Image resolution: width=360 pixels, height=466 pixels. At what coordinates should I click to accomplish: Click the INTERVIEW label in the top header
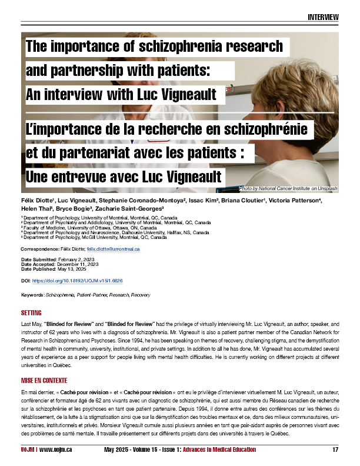pyautogui.click(x=323, y=16)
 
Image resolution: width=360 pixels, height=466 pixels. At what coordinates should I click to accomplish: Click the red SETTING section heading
pyautogui.click(x=31, y=313)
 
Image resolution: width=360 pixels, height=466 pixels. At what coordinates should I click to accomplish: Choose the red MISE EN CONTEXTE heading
pyautogui.click(x=44, y=381)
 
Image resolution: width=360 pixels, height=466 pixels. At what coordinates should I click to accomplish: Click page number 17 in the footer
pyautogui.click(x=335, y=450)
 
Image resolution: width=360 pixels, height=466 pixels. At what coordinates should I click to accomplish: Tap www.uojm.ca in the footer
pyautogui.click(x=58, y=450)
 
